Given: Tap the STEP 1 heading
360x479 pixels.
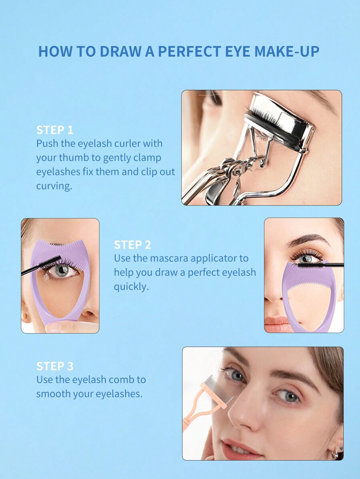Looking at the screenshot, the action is [55, 130].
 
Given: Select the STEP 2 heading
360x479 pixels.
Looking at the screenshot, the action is [132, 245].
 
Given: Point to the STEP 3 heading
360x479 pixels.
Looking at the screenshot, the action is [55, 366].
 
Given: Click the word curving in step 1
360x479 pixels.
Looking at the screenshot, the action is [54, 186].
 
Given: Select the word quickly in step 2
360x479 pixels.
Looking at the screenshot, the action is [131, 287].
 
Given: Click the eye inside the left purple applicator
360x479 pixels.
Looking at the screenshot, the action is [62, 270].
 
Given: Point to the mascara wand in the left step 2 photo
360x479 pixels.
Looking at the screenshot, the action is [41, 265].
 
